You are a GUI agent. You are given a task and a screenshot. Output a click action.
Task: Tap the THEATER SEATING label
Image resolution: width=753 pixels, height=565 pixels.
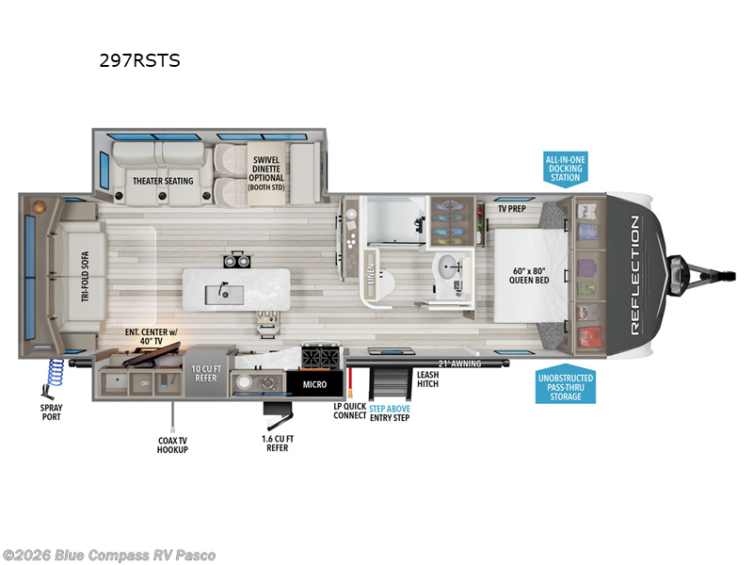click(x=163, y=181)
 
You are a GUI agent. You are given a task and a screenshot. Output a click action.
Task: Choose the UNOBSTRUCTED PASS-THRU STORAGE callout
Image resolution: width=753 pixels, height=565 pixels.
click(x=566, y=386)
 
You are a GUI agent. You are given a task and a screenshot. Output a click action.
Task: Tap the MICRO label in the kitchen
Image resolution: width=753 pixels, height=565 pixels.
click(x=313, y=384)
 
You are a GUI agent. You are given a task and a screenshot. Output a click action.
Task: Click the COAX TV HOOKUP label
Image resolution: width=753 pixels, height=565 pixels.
click(x=173, y=444)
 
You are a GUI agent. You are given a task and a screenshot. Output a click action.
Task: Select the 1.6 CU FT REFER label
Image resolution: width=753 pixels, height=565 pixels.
click(x=276, y=442)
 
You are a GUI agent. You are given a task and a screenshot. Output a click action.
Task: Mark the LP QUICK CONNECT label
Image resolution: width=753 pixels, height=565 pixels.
click(x=349, y=411)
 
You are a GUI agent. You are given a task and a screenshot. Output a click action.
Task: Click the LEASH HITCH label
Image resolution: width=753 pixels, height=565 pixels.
click(x=427, y=379)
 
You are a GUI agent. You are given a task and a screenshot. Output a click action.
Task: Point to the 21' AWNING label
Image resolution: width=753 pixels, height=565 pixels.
click(x=459, y=363)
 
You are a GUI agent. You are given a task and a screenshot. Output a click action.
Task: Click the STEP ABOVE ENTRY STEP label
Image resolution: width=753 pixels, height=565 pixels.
click(x=389, y=412)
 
